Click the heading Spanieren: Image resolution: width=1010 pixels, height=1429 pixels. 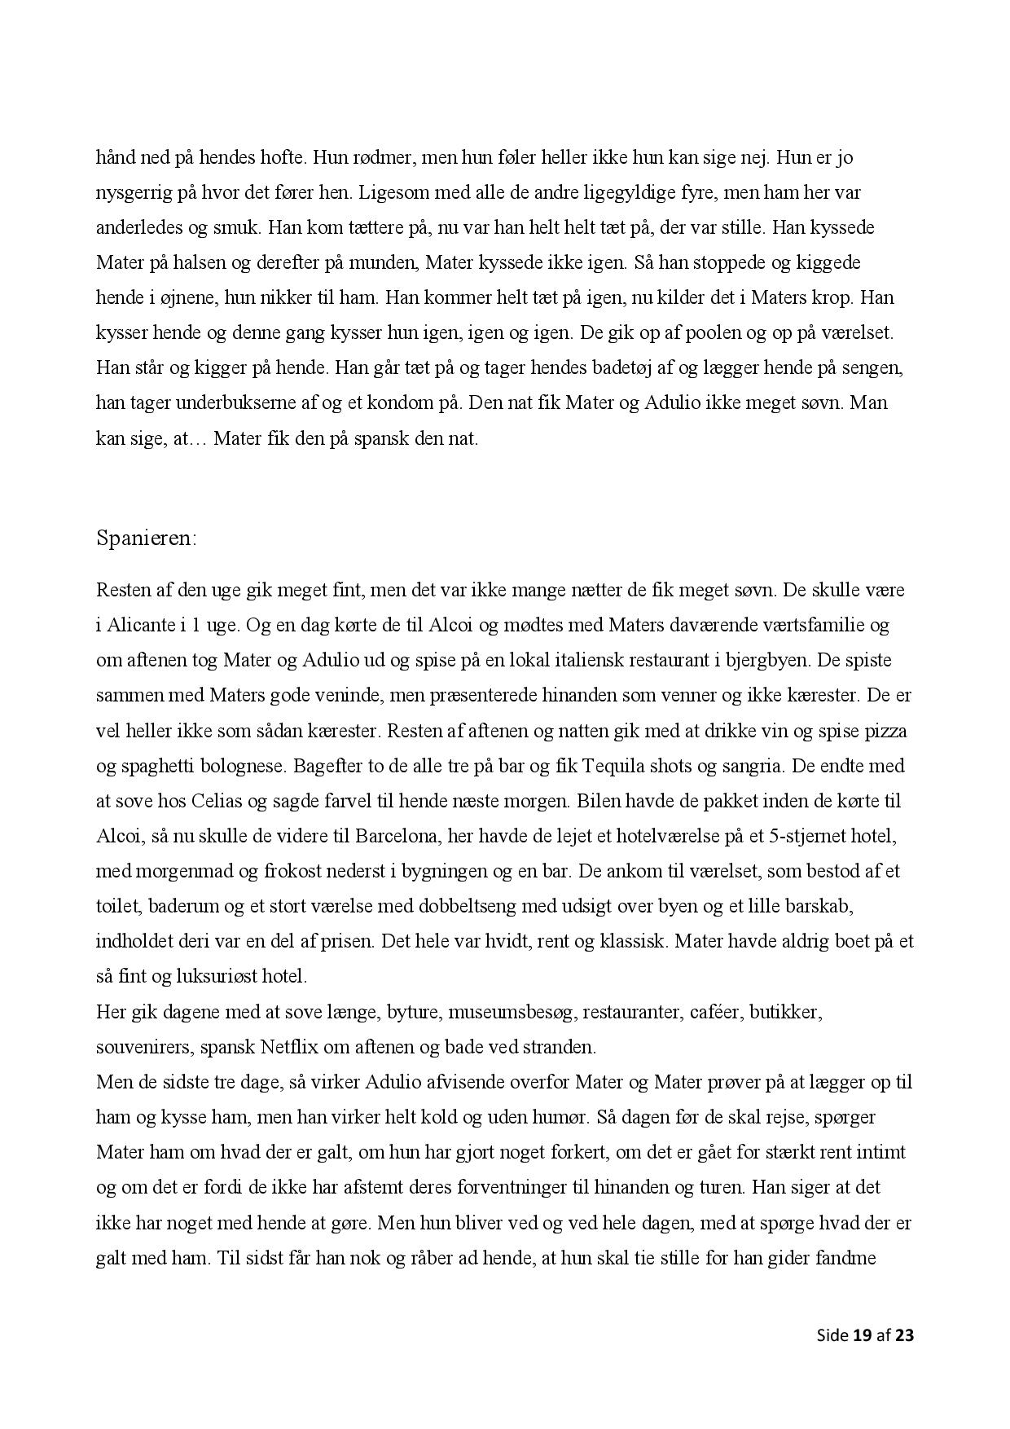point(147,539)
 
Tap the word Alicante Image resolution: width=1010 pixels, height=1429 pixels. point(141,625)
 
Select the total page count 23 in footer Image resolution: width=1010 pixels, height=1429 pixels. point(904,1334)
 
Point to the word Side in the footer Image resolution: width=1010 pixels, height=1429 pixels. point(832,1334)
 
